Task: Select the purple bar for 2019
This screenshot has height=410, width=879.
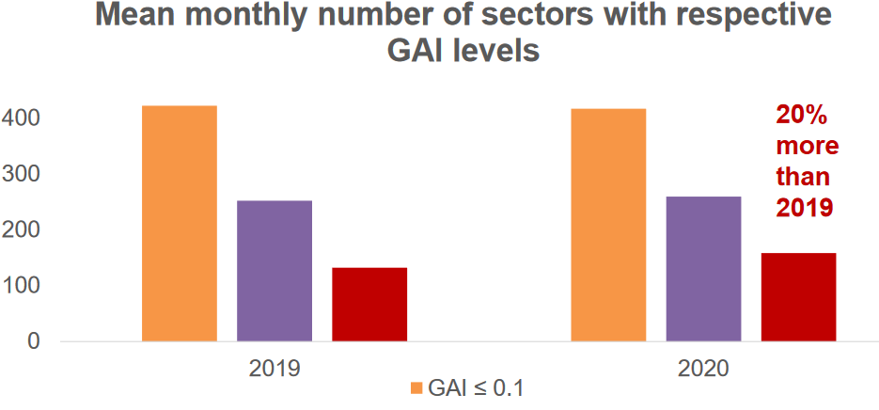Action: (x=274, y=270)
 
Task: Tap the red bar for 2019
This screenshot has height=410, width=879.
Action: (x=369, y=303)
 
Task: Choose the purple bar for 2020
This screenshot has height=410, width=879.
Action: (x=703, y=268)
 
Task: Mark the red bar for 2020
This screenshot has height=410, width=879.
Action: (x=798, y=296)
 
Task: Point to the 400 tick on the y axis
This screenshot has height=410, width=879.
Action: (x=20, y=118)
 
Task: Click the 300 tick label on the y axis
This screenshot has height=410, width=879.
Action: (x=20, y=174)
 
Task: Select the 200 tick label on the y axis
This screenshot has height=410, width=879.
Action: (x=20, y=229)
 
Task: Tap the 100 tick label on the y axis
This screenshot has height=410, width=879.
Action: (x=20, y=285)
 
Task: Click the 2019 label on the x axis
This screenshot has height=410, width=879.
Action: (x=275, y=368)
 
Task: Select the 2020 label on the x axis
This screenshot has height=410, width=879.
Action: (x=703, y=368)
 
